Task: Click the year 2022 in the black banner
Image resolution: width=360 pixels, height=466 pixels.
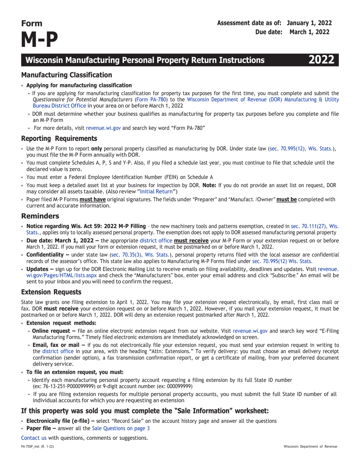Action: [x=322, y=60]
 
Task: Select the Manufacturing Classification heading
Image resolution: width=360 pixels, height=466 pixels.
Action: [x=66, y=75]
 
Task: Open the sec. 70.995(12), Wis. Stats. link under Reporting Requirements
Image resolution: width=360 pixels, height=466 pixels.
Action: [x=302, y=149]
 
